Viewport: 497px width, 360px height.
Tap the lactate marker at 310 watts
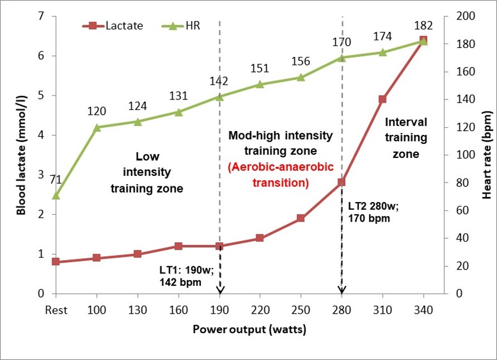tap(383, 99)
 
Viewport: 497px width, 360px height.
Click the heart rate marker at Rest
tap(56, 195)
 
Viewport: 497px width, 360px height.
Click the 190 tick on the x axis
tap(219, 309)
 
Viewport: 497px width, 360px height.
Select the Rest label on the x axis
tap(56, 309)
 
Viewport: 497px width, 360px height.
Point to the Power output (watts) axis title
tap(249, 329)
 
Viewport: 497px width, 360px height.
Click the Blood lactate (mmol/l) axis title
tap(21, 155)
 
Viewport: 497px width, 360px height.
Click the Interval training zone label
tap(406, 137)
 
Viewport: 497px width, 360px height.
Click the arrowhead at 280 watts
tap(342, 290)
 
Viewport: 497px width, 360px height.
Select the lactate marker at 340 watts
tap(423, 40)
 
